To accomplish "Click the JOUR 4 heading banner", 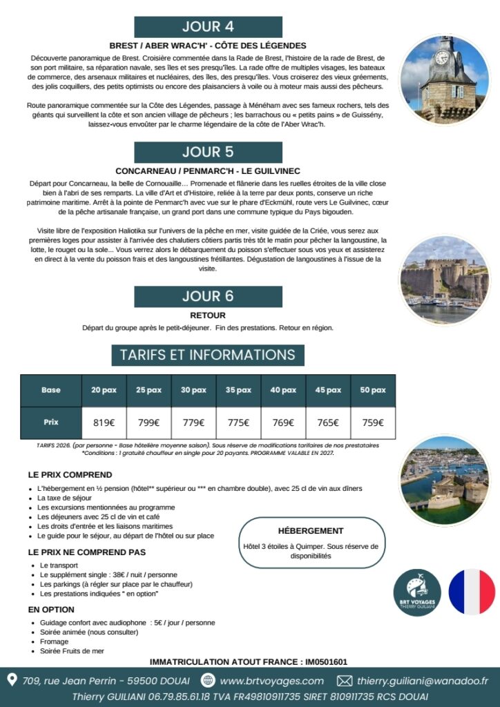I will pos(208,27).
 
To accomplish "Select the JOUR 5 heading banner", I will pos(208,153).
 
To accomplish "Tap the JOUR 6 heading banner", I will pos(208,296).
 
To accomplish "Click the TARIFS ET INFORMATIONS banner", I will pos(208,355).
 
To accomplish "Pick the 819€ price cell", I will pos(103,423).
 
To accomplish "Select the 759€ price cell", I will pos(372,423).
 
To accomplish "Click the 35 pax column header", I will pos(238,390).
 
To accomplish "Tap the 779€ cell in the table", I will pos(193,423).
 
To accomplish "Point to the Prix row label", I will pos(51,423).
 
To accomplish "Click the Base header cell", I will pos(51,390).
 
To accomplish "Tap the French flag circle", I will pos(472,592).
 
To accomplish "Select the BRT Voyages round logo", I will pos(417,592).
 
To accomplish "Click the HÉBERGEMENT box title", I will pos(310,531).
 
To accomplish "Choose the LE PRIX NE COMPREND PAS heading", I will pos(86,552).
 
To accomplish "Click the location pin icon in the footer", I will pos(12,680).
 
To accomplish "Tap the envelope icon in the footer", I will pos(344,681).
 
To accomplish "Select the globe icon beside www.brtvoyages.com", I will pos(208,681).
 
